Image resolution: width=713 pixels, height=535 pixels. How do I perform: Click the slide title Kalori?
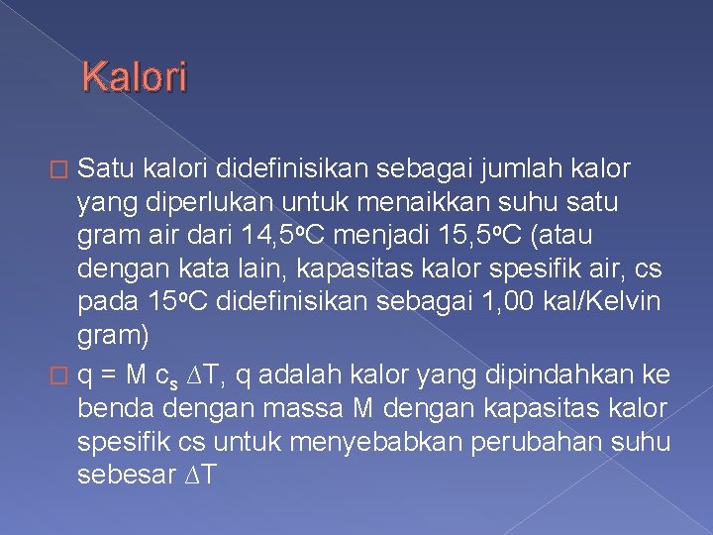pos(134,76)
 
